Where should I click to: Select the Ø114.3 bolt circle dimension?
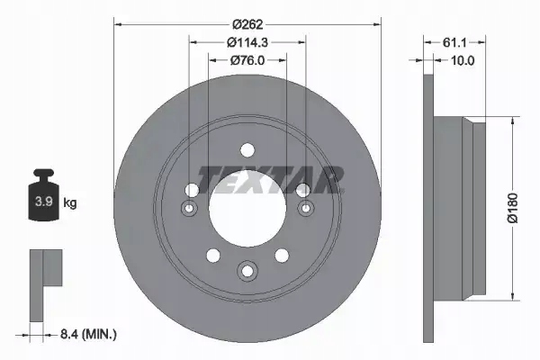[247, 41]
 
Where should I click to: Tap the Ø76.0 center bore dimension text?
[247, 60]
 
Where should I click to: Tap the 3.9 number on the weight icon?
[40, 203]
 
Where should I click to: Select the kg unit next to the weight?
[69, 203]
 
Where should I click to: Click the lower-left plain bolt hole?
[211, 256]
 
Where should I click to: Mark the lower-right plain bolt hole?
[282, 256]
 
